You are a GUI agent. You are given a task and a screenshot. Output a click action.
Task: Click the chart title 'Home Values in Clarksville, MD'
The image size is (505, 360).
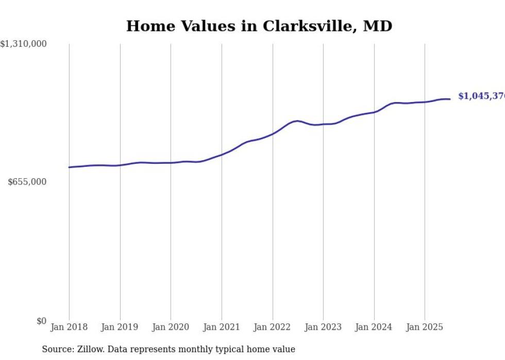pos(259,26)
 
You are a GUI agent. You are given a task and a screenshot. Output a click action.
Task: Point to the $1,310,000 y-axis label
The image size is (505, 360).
pos(24,44)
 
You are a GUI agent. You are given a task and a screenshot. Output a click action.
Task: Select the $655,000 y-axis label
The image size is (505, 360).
pos(27,182)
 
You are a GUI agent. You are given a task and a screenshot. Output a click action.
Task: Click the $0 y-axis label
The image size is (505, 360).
pos(41,321)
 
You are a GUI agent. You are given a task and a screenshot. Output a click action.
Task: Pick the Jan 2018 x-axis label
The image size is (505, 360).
pos(69,327)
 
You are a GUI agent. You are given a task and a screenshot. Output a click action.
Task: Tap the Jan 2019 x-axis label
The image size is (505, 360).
pos(120,327)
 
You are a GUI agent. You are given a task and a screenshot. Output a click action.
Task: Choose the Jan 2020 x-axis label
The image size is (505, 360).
pos(171,327)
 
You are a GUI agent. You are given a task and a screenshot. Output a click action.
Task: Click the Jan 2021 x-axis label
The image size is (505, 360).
pos(222,327)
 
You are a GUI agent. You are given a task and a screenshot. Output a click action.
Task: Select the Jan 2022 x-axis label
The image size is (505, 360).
pos(273,327)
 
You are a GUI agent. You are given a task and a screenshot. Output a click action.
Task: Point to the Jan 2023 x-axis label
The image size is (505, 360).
pos(323,327)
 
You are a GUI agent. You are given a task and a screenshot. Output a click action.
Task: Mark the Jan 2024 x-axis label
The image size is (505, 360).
pos(374,327)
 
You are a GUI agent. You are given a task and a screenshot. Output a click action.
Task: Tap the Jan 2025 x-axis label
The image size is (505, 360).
pos(425,327)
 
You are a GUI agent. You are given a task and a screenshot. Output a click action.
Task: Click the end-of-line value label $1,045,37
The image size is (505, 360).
pos(481,96)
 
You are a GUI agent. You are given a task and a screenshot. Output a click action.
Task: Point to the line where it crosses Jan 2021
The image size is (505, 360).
pos(222,155)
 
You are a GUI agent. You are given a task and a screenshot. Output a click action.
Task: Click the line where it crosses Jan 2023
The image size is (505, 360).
pos(323,124)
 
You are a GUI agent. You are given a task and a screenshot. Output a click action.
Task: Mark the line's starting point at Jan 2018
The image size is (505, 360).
pos(69,167)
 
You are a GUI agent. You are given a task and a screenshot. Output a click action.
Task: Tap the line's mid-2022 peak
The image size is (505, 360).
pos(297,121)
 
